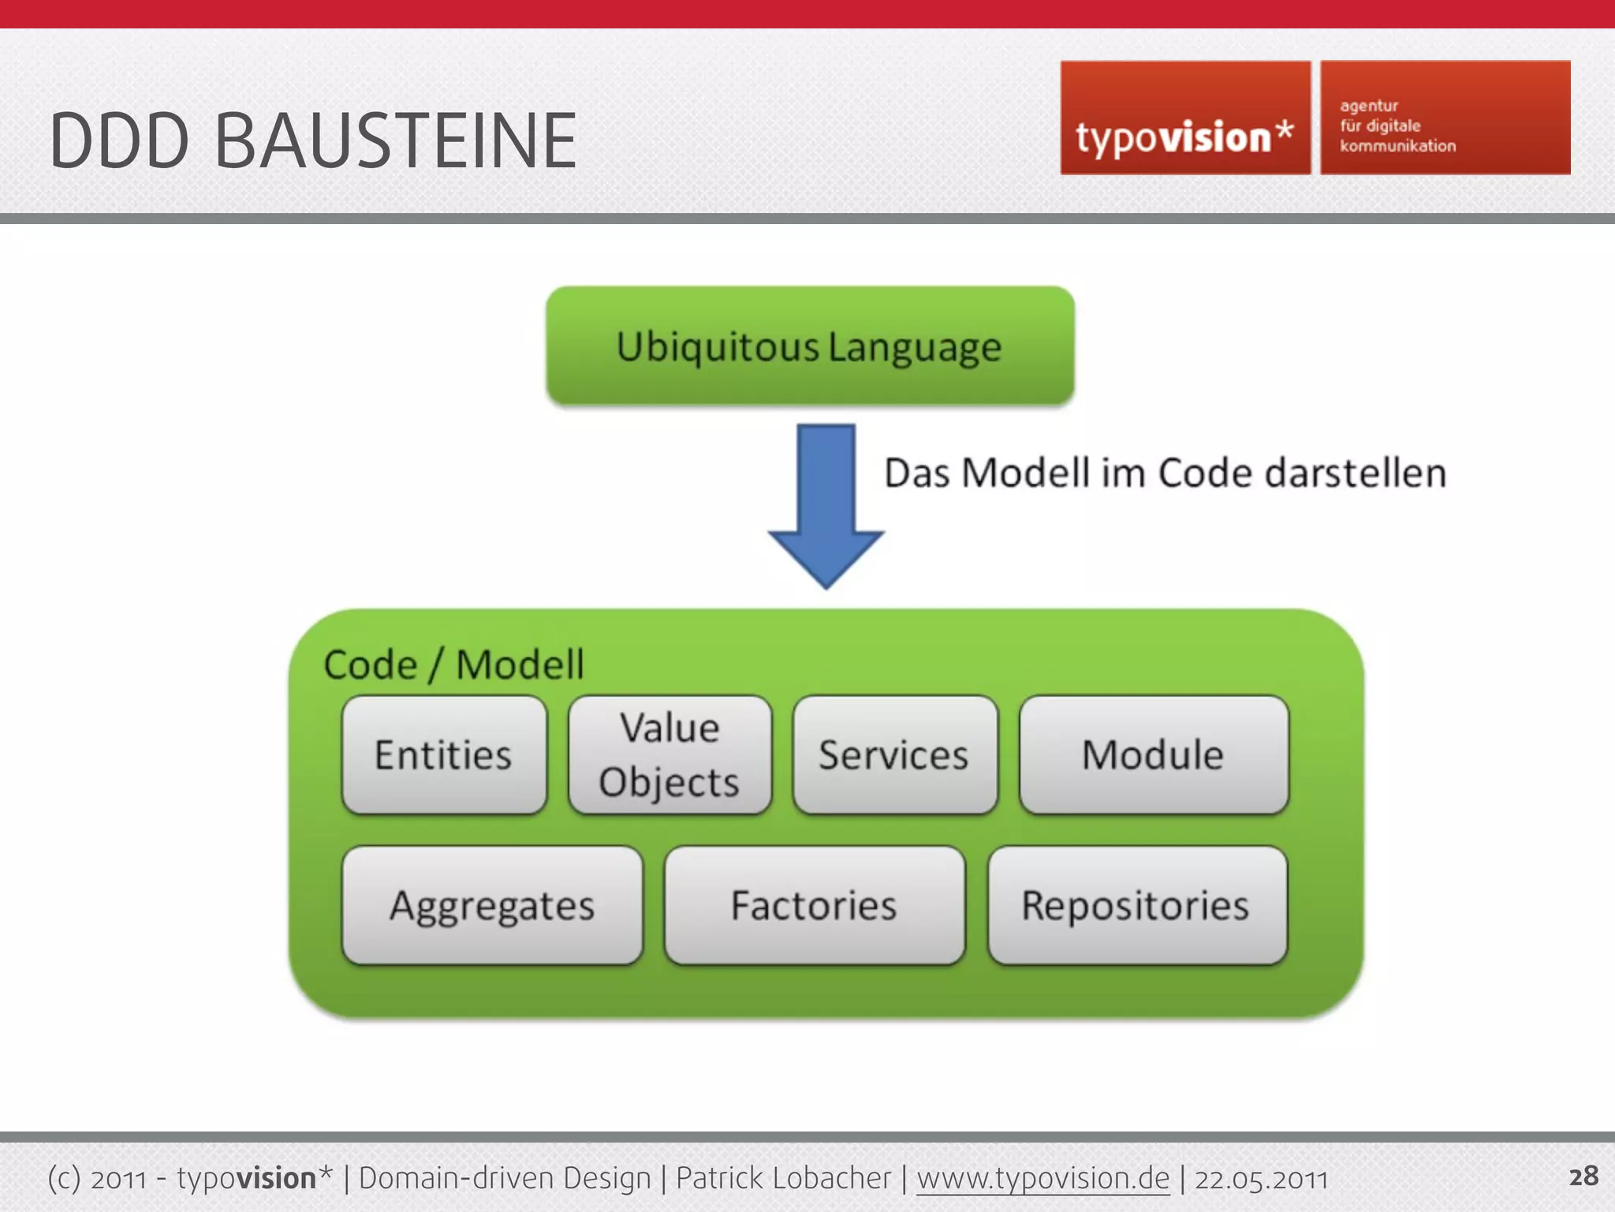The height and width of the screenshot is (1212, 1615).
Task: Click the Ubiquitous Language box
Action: pyautogui.click(x=810, y=346)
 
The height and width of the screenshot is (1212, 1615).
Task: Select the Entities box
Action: pyautogui.click(x=444, y=755)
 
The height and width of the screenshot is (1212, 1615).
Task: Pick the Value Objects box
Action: pyautogui.click(x=669, y=755)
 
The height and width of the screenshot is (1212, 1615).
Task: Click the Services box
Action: pyautogui.click(x=895, y=755)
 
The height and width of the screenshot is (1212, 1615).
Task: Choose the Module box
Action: pyautogui.click(x=1153, y=755)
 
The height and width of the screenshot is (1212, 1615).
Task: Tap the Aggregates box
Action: pyautogui.click(x=492, y=905)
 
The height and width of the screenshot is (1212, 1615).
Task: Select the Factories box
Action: pyautogui.click(x=814, y=905)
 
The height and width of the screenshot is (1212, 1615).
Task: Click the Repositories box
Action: pyautogui.click(x=1136, y=905)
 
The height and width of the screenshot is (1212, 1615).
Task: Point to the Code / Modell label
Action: pyautogui.click(x=453, y=664)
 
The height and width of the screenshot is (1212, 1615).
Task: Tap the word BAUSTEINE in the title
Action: pyautogui.click(x=395, y=141)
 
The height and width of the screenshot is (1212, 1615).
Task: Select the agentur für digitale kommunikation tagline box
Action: pyautogui.click(x=1445, y=118)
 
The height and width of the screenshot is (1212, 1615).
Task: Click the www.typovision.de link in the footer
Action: pyautogui.click(x=1042, y=1178)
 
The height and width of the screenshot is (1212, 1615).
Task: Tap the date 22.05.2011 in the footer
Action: pyautogui.click(x=1260, y=1179)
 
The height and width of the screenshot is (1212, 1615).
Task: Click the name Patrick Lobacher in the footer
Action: pyautogui.click(x=783, y=1178)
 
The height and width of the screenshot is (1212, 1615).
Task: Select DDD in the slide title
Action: pyautogui.click(x=119, y=141)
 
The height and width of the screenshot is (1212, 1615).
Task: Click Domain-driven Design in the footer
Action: pyautogui.click(x=505, y=1178)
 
